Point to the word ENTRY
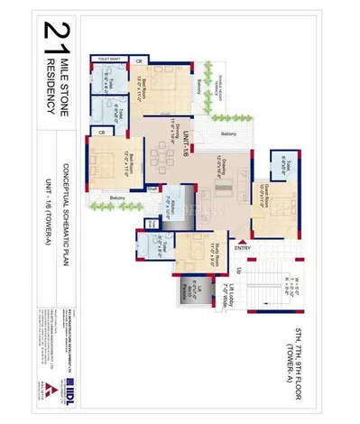tap(243, 248)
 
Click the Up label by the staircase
tap(236, 272)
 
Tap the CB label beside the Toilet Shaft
tap(138, 60)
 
